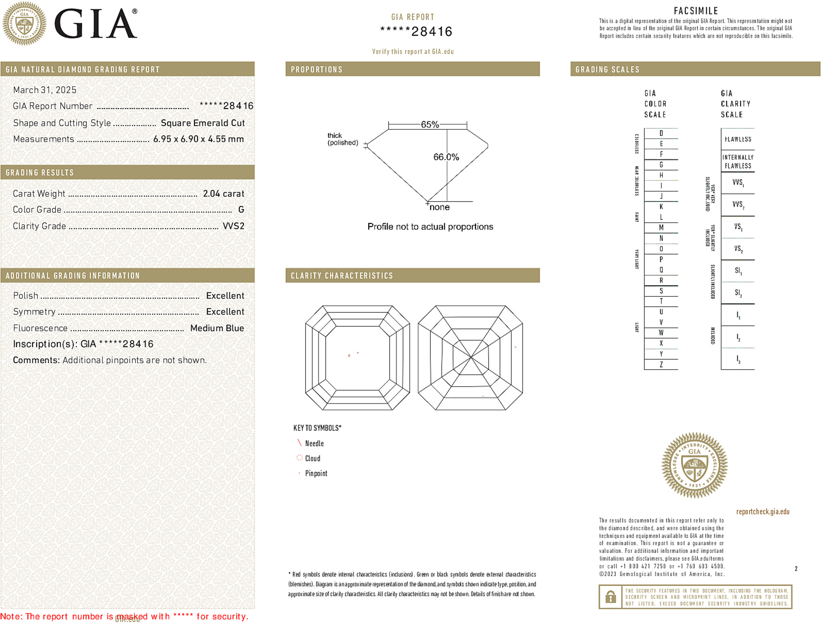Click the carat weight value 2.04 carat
(223, 194)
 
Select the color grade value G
(241, 210)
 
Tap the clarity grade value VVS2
(234, 226)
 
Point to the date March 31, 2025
(45, 90)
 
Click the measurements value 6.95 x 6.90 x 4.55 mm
(198, 139)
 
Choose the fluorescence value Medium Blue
(217, 328)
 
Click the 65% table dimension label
(430, 124)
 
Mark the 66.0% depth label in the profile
(446, 157)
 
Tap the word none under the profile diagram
(440, 207)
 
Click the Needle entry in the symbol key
(314, 443)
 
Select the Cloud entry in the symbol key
(313, 458)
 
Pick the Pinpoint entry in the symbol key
(316, 473)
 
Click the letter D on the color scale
(661, 133)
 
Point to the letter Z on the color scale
(661, 365)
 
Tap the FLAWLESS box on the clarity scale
(738, 139)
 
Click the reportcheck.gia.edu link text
(763, 512)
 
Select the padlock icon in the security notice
(611, 597)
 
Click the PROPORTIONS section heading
(316, 70)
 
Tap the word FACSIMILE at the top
(696, 11)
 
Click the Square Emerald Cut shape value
(203, 123)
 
